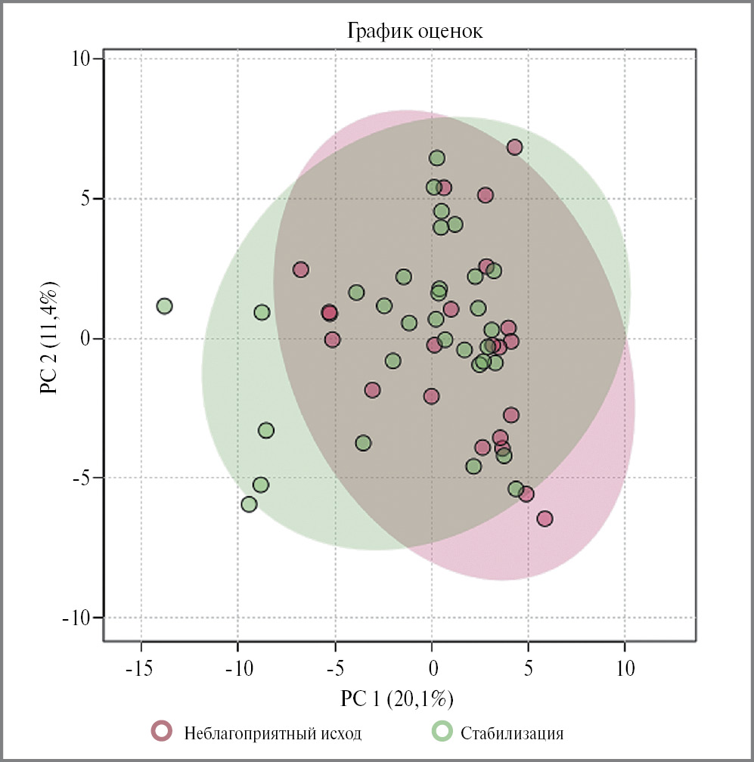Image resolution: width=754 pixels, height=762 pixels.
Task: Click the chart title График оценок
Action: [414, 32]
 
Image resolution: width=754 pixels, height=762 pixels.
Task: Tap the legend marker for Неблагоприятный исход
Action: [162, 731]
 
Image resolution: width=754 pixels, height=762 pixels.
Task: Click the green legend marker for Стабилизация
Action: [442, 731]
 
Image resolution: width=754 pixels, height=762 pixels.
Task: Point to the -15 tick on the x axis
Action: [141, 669]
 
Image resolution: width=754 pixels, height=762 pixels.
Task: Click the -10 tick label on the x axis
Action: [237, 669]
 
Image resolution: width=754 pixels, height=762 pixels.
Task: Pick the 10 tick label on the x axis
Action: [625, 669]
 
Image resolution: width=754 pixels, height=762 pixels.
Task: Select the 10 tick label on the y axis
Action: [80, 59]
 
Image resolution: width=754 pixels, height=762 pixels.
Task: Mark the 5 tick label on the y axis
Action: [85, 199]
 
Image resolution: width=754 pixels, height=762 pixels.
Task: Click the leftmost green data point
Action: [164, 306]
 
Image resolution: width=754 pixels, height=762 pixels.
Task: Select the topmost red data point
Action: [514, 147]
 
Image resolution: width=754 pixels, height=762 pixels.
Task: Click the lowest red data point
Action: [545, 519]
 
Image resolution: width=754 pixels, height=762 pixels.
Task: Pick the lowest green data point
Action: [249, 504]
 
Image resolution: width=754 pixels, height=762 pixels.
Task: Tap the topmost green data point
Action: [437, 158]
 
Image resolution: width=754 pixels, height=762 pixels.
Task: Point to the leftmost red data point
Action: [301, 270]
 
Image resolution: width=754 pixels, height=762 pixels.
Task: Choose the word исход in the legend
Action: [340, 733]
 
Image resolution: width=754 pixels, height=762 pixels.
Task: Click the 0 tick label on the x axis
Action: [432, 669]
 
